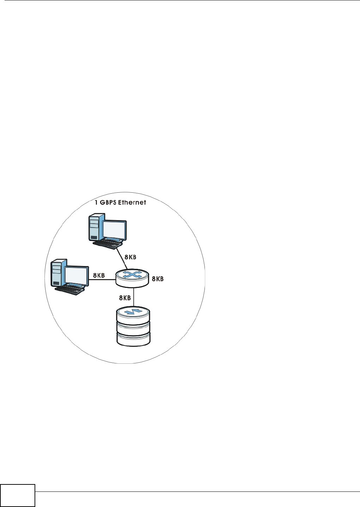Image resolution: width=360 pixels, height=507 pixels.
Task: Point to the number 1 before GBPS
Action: (x=96, y=203)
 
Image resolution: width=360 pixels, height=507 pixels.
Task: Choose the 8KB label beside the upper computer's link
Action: (x=130, y=257)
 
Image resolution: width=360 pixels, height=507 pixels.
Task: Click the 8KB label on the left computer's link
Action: (x=99, y=276)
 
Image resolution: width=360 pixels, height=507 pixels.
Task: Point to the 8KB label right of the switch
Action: (x=158, y=279)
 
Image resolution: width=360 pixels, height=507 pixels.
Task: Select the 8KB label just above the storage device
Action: (x=125, y=298)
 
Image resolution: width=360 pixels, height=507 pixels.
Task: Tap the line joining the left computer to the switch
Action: (x=102, y=280)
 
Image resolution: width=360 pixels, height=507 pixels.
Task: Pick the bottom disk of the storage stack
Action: (x=133, y=339)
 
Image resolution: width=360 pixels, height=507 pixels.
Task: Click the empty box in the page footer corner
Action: (x=18, y=495)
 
